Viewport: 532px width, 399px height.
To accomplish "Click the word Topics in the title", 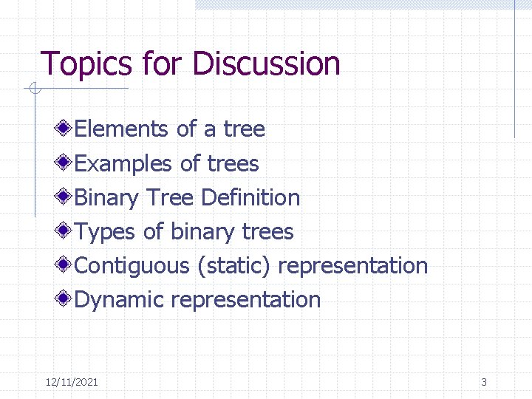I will click(x=85, y=64).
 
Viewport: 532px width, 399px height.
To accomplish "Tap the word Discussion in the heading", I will click(x=267, y=64).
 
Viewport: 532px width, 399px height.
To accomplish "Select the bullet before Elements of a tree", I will click(x=66, y=129).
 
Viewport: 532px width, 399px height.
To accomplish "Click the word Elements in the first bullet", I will click(x=122, y=129).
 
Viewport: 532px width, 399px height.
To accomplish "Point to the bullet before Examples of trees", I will click(x=66, y=163).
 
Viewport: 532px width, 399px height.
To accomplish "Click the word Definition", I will click(x=250, y=197).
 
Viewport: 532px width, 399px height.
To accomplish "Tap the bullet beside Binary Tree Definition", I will click(x=66, y=197).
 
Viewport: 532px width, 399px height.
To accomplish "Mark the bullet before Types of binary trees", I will click(x=66, y=231).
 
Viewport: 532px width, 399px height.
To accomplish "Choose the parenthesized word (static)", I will click(x=233, y=265).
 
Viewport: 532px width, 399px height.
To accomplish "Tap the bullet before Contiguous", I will click(x=66, y=265).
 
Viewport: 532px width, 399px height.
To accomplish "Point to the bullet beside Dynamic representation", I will click(x=66, y=299).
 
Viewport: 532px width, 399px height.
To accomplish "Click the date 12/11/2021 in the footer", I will click(x=72, y=382).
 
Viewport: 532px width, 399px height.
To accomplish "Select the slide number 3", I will click(x=484, y=382).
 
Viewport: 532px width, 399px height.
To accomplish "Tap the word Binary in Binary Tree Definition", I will click(x=107, y=197).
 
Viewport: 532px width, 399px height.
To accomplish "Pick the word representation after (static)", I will click(x=353, y=266).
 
